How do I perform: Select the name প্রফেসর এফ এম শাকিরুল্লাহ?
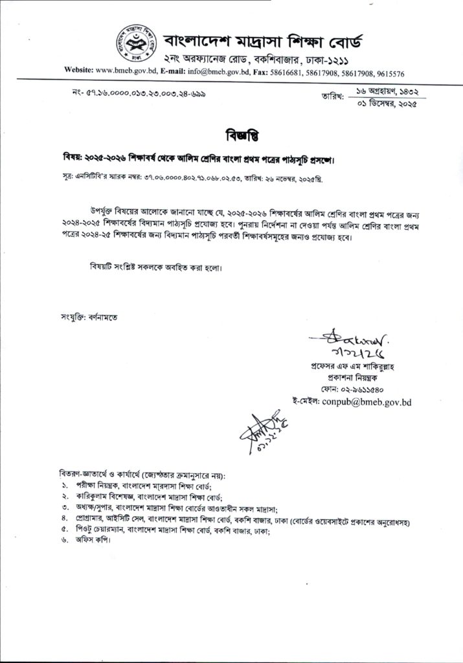click(356, 367)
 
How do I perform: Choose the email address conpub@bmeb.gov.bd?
click(366, 402)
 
